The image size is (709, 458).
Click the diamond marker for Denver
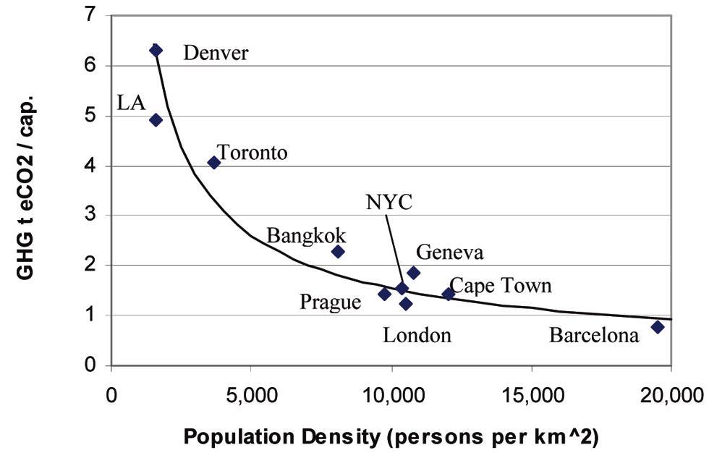pos(156,50)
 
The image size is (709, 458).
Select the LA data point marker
pos(156,120)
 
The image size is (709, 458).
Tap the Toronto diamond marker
pos(214,162)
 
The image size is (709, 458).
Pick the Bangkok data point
pos(338,251)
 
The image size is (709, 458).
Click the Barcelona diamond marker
pos(658,327)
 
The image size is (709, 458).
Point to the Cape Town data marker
pos(449,294)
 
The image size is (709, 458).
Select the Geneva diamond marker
pos(414,273)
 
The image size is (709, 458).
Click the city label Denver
pos(216,54)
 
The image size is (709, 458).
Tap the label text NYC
pos(389,201)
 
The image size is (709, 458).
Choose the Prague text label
pos(330,301)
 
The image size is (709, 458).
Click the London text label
pos(417,335)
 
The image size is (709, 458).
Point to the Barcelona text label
pos(594,336)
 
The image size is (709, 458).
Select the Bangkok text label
pos(306,236)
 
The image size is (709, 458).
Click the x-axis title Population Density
pos(391,438)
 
